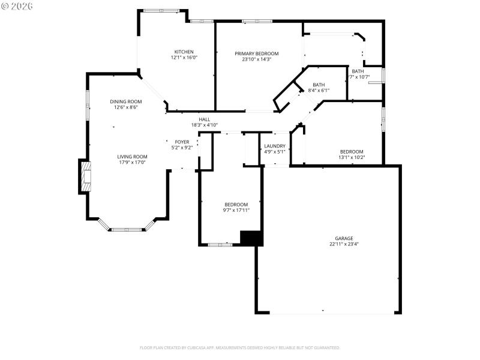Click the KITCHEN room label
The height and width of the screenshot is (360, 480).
(x=184, y=52)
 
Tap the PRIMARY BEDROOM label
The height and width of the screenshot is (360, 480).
(x=257, y=53)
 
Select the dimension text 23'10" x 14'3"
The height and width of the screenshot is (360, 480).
(x=257, y=59)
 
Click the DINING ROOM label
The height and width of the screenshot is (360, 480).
(x=126, y=101)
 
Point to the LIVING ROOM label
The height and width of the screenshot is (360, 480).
(x=132, y=156)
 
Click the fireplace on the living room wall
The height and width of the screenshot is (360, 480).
(x=85, y=176)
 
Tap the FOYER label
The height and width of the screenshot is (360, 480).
(x=182, y=142)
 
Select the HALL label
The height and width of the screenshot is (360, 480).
(x=205, y=119)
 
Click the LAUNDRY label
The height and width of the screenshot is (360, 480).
(x=275, y=146)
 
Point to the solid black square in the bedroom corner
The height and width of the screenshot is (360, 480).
(x=251, y=238)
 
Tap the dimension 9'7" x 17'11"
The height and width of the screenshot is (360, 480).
(x=236, y=210)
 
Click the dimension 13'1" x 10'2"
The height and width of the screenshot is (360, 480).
(x=352, y=157)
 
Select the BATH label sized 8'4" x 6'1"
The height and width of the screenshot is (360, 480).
(x=319, y=85)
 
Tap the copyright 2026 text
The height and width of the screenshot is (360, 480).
(x=17, y=6)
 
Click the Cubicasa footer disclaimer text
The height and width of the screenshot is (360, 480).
(x=240, y=347)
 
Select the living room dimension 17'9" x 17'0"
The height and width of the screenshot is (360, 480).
(x=132, y=162)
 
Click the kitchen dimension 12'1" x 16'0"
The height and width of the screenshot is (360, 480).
(x=184, y=58)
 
